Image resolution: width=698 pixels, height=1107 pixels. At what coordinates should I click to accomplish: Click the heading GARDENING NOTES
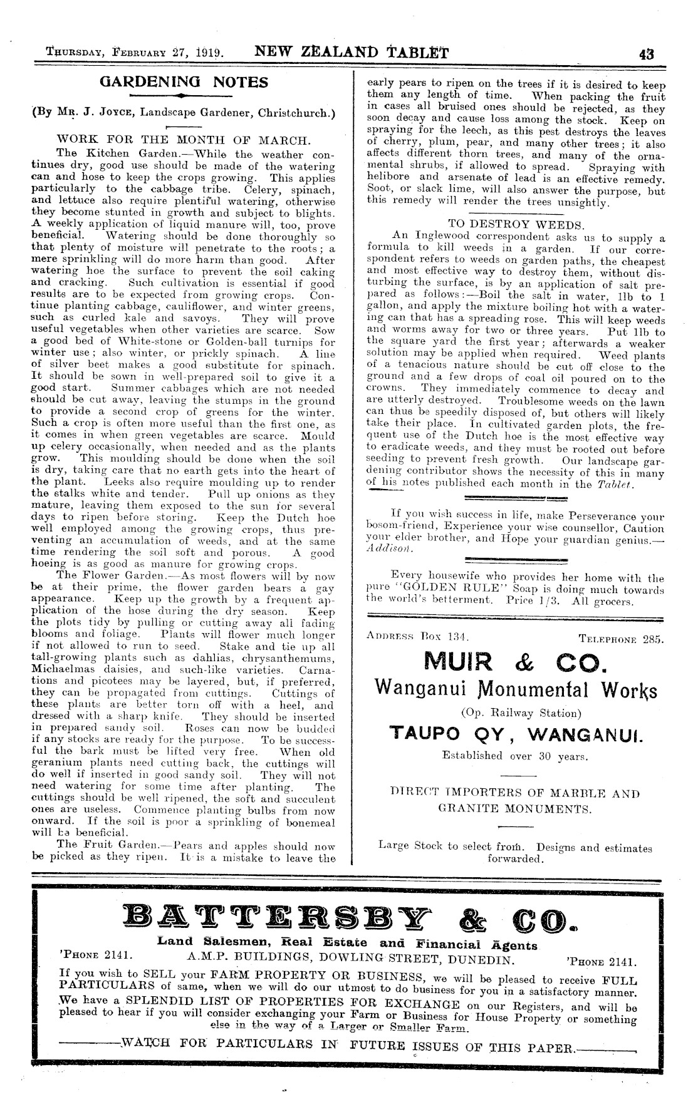click(x=184, y=82)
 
